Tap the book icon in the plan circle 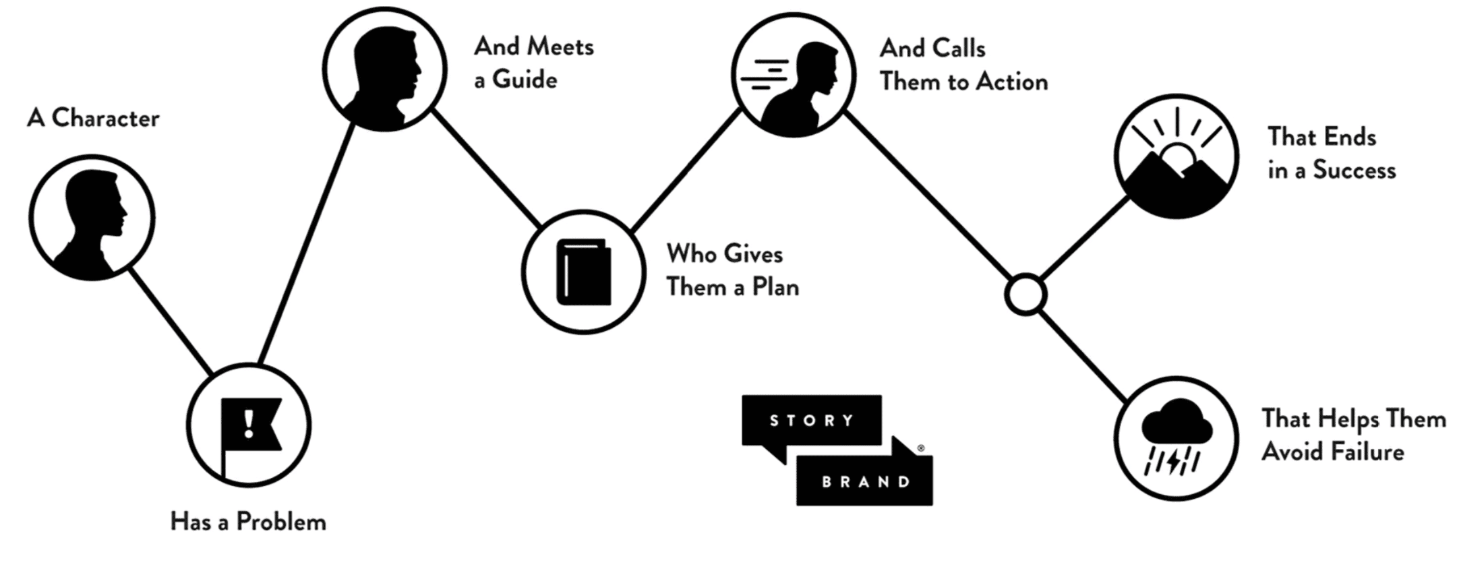[584, 272]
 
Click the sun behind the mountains [1179, 159]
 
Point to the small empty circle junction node [1025, 295]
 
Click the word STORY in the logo [812, 421]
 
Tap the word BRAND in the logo [866, 482]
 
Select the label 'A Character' [93, 118]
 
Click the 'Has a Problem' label [248, 522]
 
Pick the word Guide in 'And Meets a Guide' [525, 80]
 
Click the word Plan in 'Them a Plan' [775, 287]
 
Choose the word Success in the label [1354, 170]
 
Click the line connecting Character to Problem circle [170, 321]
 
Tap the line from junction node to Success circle [1084, 239]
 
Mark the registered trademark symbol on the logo [921, 448]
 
